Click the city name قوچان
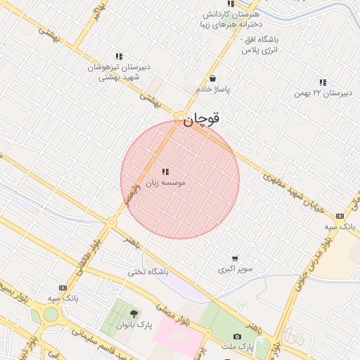(x=202, y=119)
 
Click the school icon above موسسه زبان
(x=165, y=172)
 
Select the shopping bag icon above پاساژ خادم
(x=212, y=79)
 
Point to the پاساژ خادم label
(x=212, y=90)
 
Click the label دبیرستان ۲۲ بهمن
(x=322, y=93)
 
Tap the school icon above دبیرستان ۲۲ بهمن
(x=323, y=82)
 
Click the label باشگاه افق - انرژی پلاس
(x=260, y=45)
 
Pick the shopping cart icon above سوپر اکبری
(x=235, y=258)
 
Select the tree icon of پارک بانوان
(x=134, y=313)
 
